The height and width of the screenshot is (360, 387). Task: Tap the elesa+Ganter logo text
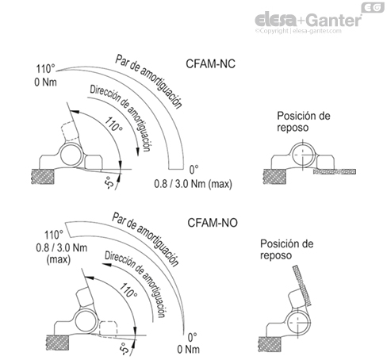[309, 17]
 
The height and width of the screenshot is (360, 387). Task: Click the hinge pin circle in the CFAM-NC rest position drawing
[304, 153]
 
